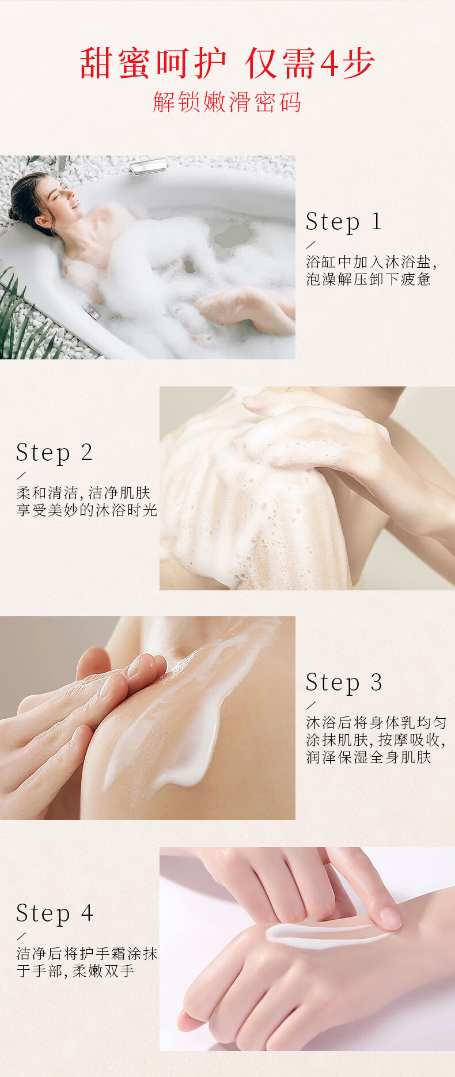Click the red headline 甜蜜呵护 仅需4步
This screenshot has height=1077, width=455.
click(x=227, y=63)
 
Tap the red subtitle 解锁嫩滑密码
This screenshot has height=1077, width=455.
click(x=227, y=102)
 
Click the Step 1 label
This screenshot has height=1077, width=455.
click(x=344, y=222)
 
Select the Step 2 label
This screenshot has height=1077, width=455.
click(x=54, y=453)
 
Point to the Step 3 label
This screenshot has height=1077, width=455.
click(x=344, y=683)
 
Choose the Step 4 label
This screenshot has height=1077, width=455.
click(x=54, y=913)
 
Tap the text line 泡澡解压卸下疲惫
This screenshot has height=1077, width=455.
click(x=369, y=279)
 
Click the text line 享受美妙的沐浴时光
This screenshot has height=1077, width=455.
click(x=87, y=510)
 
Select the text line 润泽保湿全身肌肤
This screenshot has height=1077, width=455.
click(x=369, y=757)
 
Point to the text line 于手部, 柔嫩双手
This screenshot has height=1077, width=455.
click(x=75, y=970)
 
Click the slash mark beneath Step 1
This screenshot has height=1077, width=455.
click(x=312, y=244)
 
